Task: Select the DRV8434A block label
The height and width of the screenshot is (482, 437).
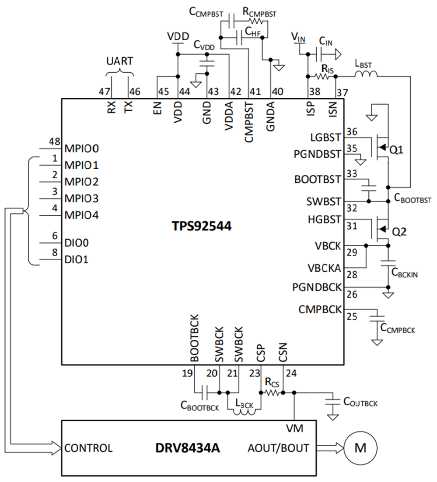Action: point(188,448)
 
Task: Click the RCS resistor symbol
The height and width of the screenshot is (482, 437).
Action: point(272,393)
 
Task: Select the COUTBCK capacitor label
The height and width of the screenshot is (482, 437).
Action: point(360,401)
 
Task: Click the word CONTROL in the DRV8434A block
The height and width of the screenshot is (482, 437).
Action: point(88,448)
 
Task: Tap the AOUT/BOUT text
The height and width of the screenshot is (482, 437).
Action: point(278,448)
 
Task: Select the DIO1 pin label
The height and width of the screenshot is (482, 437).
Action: point(76,259)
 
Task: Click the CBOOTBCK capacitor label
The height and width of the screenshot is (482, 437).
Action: point(199,408)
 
